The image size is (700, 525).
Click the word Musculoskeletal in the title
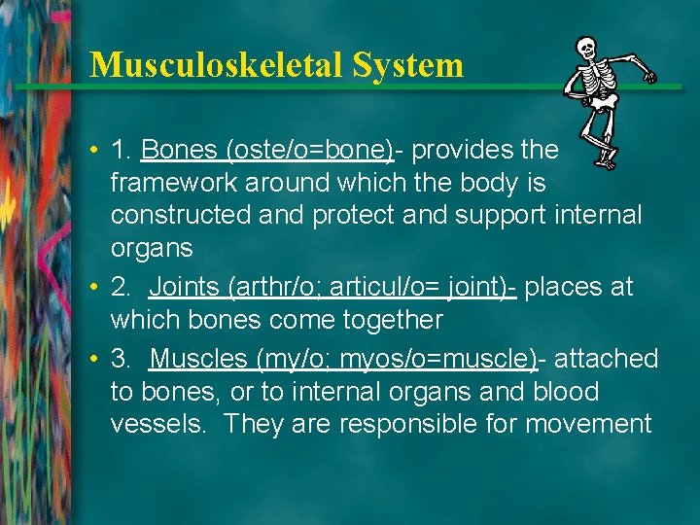click(217, 65)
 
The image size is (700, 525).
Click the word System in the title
click(408, 65)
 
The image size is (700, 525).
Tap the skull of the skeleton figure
click(586, 48)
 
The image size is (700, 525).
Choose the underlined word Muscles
click(199, 359)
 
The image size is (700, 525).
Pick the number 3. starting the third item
click(122, 359)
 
